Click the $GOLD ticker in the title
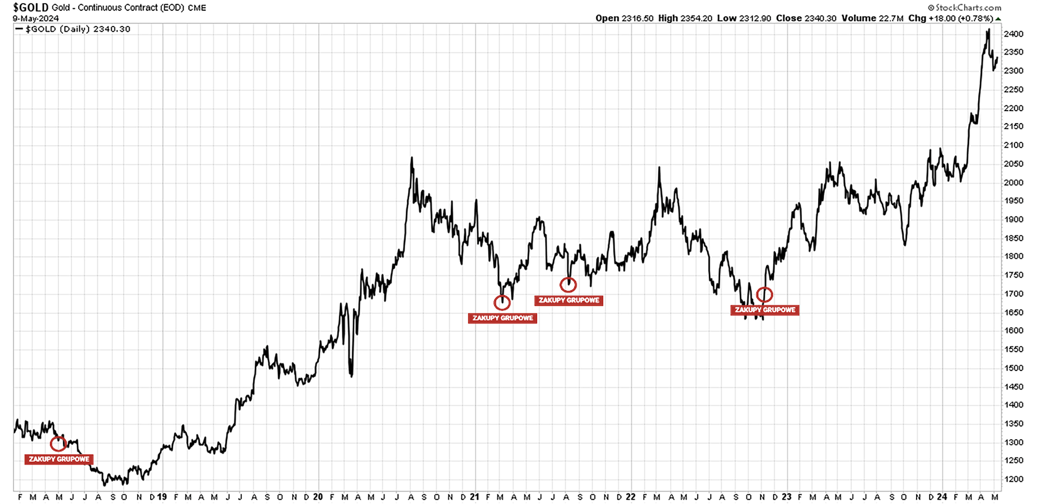pyautogui.click(x=31, y=8)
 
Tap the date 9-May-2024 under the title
pyautogui.click(x=36, y=18)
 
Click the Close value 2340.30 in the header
pyautogui.click(x=820, y=18)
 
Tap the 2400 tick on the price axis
pyautogui.click(x=1013, y=34)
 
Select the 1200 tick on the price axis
pyautogui.click(x=1013, y=479)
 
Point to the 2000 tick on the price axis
pyautogui.click(x=1013, y=183)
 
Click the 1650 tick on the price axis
pyautogui.click(x=1013, y=312)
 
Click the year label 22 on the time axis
pyautogui.click(x=631, y=497)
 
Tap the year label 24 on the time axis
pyautogui.click(x=942, y=497)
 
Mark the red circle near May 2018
pyautogui.click(x=58, y=444)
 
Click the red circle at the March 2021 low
pyautogui.click(x=502, y=303)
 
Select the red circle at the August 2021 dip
pyautogui.click(x=568, y=285)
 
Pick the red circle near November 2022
pyautogui.click(x=764, y=294)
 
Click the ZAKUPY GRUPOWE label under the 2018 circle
pyautogui.click(x=59, y=459)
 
